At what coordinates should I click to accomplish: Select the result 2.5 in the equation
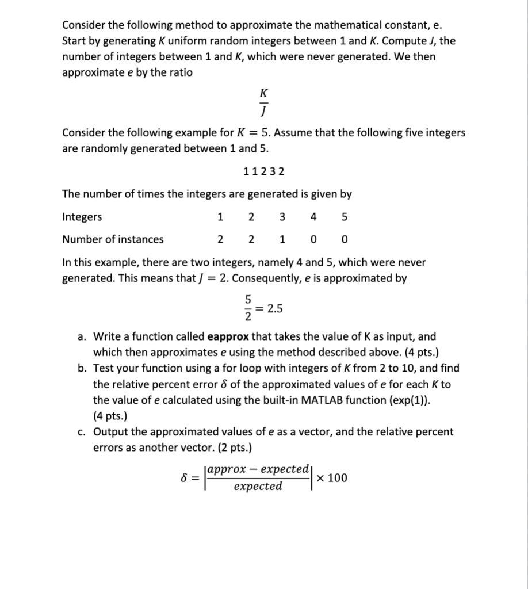pyautogui.click(x=275, y=308)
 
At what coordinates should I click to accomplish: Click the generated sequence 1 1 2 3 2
pyautogui.click(x=264, y=171)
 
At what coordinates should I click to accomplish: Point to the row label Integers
pyautogui.click(x=82, y=217)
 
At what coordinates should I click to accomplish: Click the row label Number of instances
pyautogui.click(x=113, y=239)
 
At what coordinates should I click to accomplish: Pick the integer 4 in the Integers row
pyautogui.click(x=313, y=217)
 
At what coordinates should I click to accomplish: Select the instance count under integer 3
pyautogui.click(x=282, y=239)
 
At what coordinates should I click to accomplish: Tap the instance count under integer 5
pyautogui.click(x=345, y=239)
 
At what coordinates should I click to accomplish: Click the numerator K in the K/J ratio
pyautogui.click(x=264, y=93)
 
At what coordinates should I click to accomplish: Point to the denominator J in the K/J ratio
pyautogui.click(x=264, y=109)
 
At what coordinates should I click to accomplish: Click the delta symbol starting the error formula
pyautogui.click(x=185, y=478)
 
